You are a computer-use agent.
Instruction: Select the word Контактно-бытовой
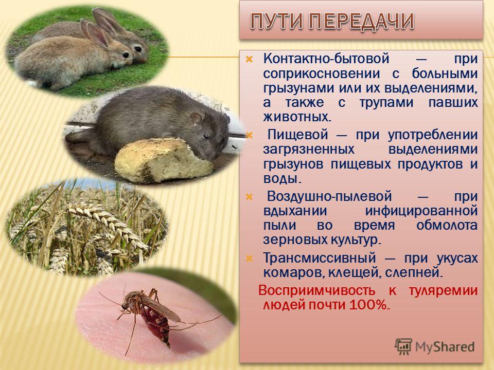pos(326,59)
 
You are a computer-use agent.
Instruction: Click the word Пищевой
pos(298,135)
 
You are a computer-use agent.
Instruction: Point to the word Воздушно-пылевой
pos(329,197)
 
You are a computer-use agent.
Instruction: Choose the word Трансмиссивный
pos(320,258)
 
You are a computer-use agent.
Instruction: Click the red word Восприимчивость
pos(316,290)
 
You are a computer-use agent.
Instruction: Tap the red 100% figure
pos(367,305)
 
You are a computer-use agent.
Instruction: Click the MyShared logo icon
pos(403,347)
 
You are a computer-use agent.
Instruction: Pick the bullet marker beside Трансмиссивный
pos(249,258)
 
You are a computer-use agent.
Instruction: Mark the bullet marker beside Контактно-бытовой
pos(249,59)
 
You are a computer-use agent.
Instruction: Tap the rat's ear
pos(196,118)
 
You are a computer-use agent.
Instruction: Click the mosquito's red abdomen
pos(156,324)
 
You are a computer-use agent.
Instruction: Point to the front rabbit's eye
pos(126,55)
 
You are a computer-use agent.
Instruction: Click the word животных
pos(297,117)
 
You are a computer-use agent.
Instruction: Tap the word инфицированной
pos(421,211)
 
